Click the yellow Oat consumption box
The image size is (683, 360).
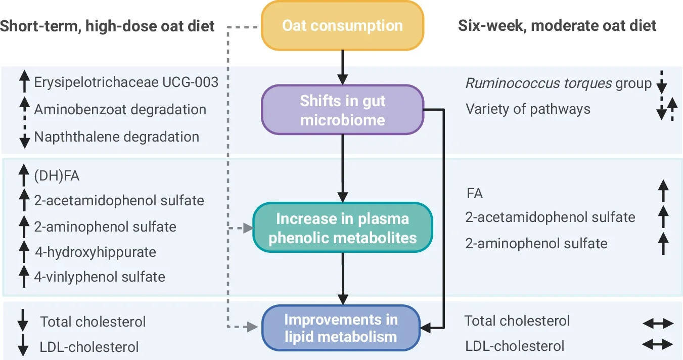342,25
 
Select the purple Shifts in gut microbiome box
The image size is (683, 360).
342,110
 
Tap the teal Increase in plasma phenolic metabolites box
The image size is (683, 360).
342,228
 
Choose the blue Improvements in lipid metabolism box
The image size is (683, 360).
341,328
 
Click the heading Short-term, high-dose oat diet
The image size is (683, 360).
107,25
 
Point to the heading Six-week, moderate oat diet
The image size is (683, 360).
557,25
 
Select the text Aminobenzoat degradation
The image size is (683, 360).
120,110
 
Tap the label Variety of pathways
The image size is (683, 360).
528,109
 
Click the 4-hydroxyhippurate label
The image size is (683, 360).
95,252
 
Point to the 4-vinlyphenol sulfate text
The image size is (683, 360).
100,277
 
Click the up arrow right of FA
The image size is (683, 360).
663,193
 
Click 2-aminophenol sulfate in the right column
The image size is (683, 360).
536,243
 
